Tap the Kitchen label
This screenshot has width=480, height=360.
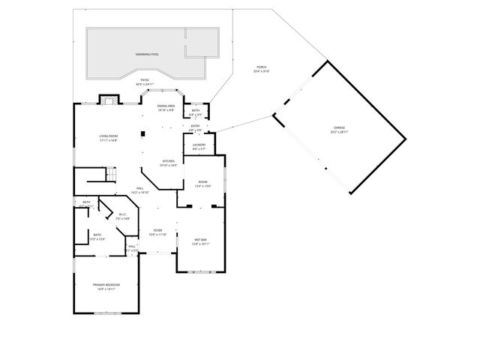tap(169, 163)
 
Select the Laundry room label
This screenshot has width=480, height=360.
tap(199, 146)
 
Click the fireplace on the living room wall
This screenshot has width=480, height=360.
tap(108, 100)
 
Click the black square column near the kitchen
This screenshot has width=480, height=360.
tap(141, 135)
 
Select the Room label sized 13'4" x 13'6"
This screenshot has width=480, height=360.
tap(202, 184)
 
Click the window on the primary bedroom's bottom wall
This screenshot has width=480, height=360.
tap(105, 313)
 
